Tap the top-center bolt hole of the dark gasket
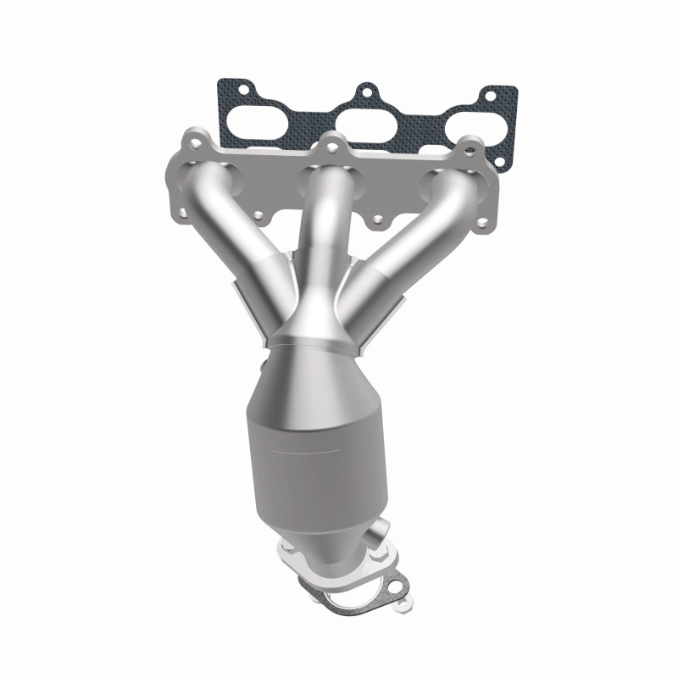click(366, 89)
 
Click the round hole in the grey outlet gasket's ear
click(394, 586)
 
